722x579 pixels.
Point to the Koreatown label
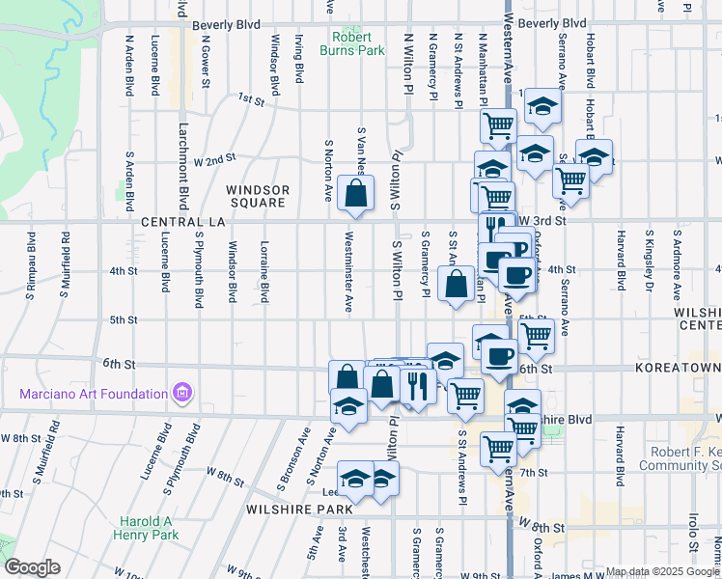(x=678, y=369)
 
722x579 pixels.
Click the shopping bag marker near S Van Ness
(x=356, y=193)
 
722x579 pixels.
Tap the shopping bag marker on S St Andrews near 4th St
(x=456, y=285)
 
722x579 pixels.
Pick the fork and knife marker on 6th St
(x=418, y=385)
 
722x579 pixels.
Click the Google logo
(x=32, y=567)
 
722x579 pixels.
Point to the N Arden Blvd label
(x=128, y=67)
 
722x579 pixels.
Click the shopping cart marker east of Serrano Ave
(x=571, y=179)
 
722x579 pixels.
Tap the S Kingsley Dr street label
(x=652, y=261)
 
